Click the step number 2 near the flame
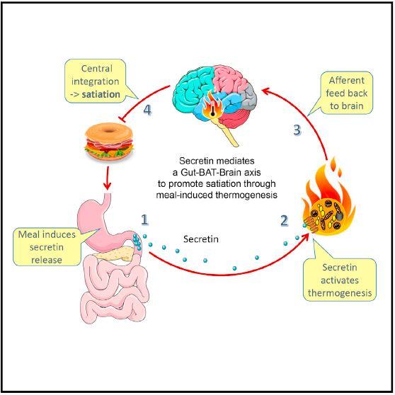click(284, 220)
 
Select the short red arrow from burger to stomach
click(106, 181)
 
